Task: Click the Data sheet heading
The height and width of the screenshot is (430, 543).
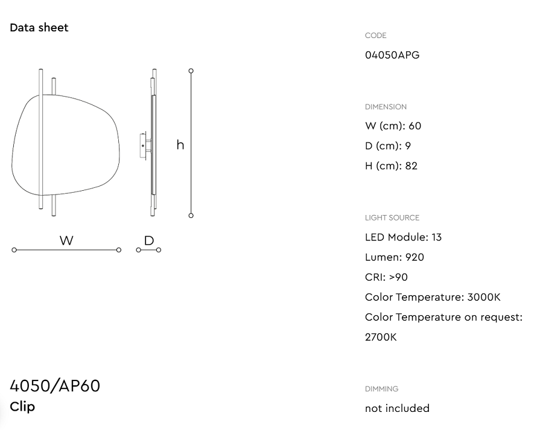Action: coord(39,27)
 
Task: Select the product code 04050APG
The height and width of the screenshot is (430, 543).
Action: coord(392,55)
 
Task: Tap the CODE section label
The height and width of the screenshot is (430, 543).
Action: coord(376,36)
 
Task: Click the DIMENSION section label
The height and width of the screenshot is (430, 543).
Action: coord(386,107)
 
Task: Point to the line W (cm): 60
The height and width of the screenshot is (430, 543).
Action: coord(393,126)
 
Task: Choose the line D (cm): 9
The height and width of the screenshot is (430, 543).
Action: coord(388,146)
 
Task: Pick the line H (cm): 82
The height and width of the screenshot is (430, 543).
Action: coord(391,165)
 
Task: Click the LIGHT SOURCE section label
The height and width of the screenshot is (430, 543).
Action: coord(392,218)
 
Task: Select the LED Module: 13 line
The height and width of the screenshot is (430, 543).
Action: coord(403,237)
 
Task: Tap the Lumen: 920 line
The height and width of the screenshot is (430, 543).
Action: coord(395,257)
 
